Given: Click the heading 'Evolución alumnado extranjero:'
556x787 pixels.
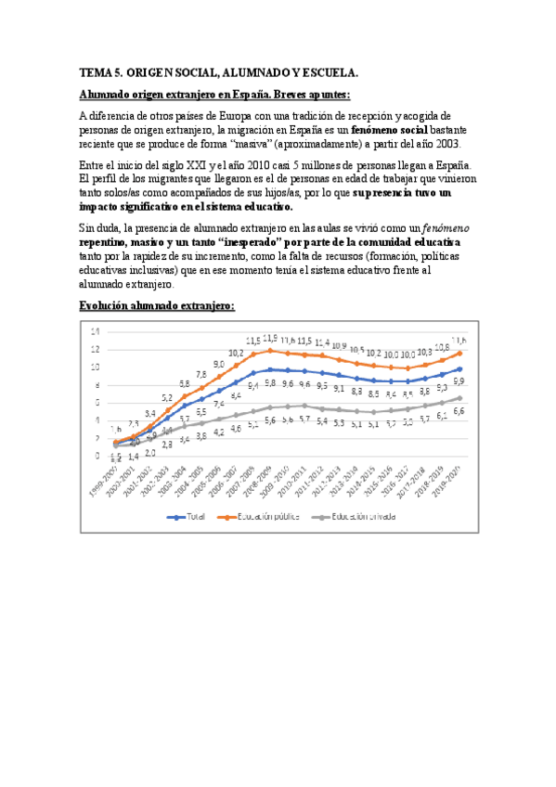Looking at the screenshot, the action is pyautogui.click(x=157, y=305).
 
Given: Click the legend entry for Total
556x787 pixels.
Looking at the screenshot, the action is pyautogui.click(x=187, y=517).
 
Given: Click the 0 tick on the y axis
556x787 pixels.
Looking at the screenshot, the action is pyautogui.click(x=96, y=455).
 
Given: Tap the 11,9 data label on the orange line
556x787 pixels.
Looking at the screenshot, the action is pyautogui.click(x=270, y=339).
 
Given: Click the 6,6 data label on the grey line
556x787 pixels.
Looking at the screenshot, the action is pyautogui.click(x=458, y=411).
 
